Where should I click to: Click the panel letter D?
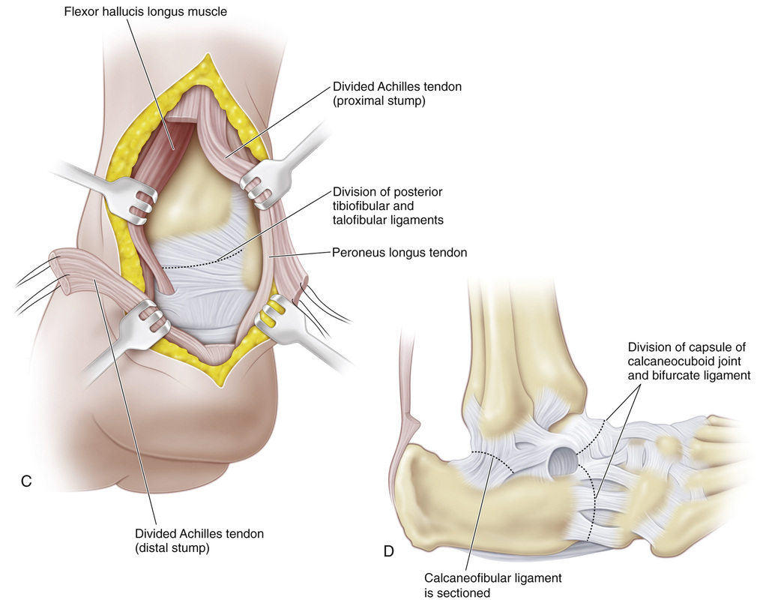[x=388, y=552]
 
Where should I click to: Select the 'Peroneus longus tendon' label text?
[x=399, y=253]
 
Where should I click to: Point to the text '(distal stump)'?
[x=172, y=548]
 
